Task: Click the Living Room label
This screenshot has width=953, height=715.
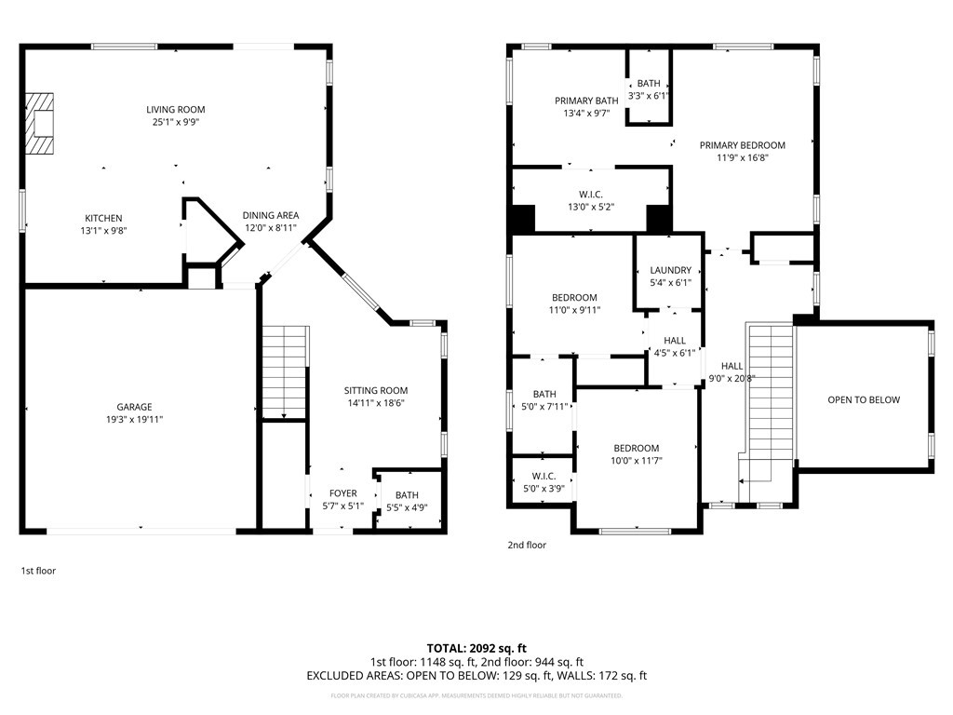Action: click(176, 110)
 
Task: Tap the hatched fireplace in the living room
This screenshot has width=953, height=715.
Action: click(40, 124)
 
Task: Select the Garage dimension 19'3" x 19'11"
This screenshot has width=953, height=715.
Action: click(134, 420)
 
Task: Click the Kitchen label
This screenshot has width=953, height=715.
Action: click(103, 218)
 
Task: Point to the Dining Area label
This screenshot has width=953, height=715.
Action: click(271, 215)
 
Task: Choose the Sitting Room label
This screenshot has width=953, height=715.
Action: click(376, 391)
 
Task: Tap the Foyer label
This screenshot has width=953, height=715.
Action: click(343, 493)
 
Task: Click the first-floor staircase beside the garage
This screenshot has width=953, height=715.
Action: click(285, 372)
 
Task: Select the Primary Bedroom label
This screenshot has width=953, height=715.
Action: click(742, 145)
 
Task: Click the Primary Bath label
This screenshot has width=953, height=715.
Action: click(586, 101)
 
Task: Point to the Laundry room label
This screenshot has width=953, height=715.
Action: click(670, 271)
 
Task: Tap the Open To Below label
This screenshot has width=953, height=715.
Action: click(864, 400)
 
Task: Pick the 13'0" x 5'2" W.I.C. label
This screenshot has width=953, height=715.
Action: click(591, 195)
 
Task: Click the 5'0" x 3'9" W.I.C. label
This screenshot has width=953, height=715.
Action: click(544, 477)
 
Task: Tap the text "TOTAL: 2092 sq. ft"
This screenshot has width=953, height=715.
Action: click(476, 649)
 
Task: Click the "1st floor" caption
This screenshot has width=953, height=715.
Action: click(38, 571)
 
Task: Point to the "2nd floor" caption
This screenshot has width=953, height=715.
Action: click(527, 546)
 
